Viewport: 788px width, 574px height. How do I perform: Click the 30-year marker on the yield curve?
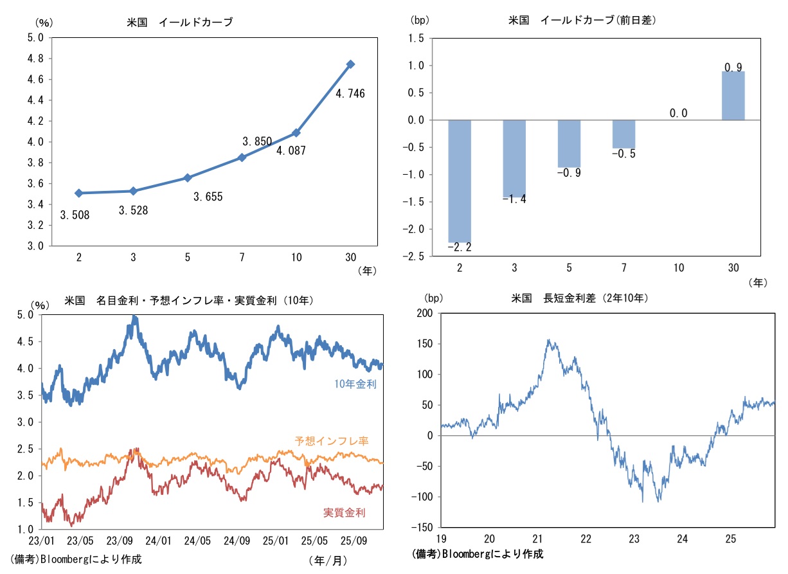coord(350,64)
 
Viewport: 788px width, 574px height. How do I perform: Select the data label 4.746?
coord(350,94)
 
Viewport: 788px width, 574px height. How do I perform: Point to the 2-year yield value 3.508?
coord(74,215)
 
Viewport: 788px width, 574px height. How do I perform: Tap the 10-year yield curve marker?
coord(296,133)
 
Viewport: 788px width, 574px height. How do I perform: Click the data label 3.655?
coord(208,197)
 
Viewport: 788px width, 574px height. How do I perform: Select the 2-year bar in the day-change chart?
coord(460,181)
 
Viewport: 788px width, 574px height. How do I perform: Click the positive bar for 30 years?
coord(733,96)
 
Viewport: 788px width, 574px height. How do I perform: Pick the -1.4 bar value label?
coord(514,199)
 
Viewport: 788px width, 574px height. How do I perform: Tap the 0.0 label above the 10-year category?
coord(678,113)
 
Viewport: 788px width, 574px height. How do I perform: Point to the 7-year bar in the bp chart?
coord(623,134)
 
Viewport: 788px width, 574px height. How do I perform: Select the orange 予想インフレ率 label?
coord(332,441)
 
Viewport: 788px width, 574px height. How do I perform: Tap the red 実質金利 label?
coord(344,512)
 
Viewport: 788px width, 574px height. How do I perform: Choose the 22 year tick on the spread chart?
coord(586,538)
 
